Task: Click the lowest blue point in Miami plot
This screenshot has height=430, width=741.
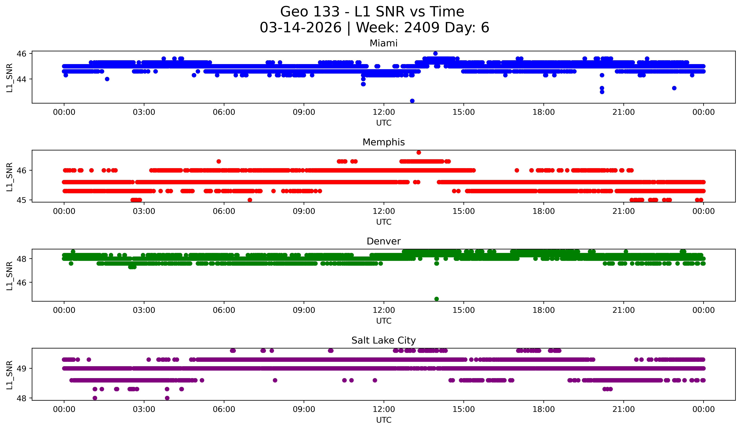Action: click(412, 101)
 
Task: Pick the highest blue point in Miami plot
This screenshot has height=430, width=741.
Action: click(436, 53)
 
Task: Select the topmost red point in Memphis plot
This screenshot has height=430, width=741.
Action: click(419, 152)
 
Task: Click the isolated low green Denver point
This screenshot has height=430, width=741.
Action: click(437, 299)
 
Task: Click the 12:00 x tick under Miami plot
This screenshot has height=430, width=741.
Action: click(384, 112)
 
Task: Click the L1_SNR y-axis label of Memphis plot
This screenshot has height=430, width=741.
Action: click(9, 177)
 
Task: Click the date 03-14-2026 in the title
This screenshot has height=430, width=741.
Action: click(301, 28)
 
